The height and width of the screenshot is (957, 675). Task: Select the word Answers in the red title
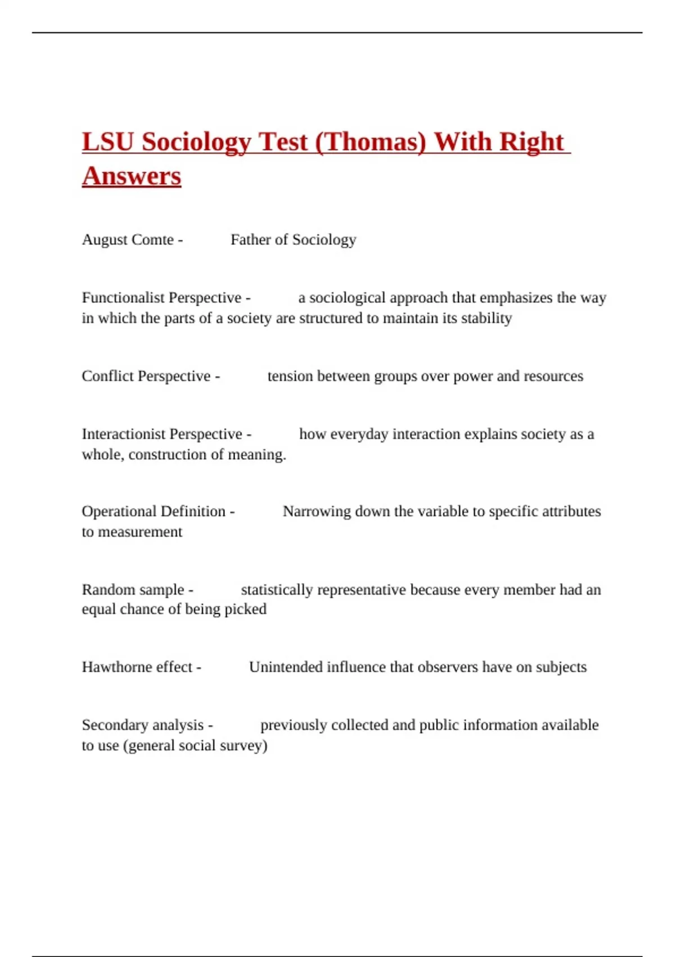point(132,176)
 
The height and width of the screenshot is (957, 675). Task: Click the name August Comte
point(128,240)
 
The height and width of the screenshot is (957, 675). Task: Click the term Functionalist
point(123,298)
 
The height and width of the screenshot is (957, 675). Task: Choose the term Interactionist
point(123,434)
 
